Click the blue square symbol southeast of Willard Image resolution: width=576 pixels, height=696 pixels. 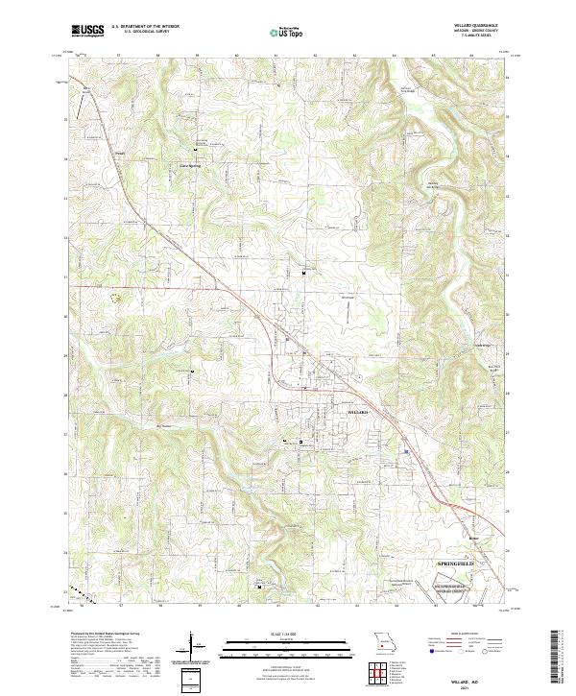pyautogui.click(x=406, y=451)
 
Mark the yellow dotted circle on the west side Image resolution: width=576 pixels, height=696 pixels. pyautogui.click(x=117, y=298)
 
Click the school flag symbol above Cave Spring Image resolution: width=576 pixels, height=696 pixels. pyautogui.click(x=197, y=151)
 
